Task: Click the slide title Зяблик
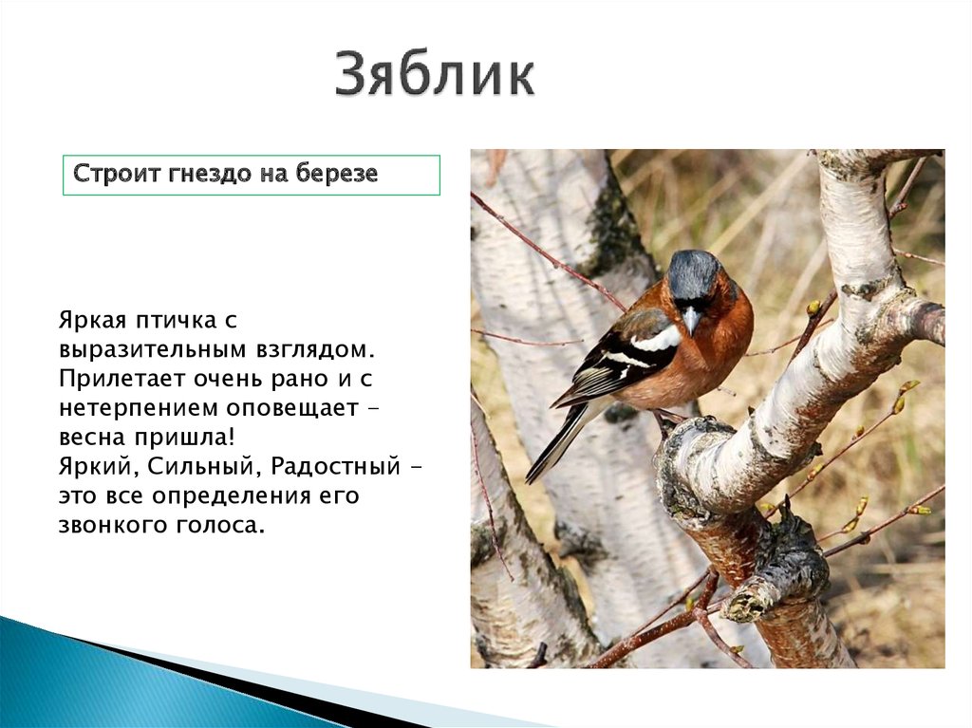point(435,77)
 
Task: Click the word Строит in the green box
point(109,175)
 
